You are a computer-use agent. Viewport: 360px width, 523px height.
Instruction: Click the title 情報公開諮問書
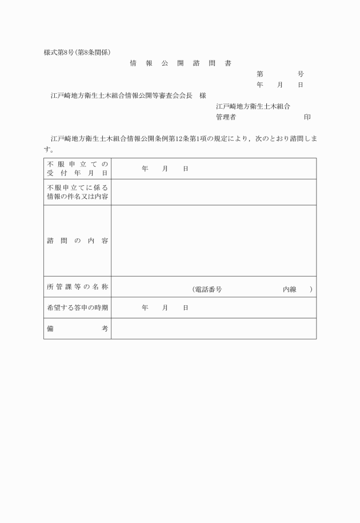tap(180, 63)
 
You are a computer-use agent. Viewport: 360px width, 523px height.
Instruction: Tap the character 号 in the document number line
tap(301, 74)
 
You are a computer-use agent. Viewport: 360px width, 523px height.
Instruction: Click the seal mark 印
tap(307, 117)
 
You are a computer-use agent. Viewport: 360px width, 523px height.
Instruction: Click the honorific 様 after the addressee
tap(203, 95)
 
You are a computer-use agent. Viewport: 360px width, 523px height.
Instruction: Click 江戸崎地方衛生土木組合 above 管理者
tap(253, 106)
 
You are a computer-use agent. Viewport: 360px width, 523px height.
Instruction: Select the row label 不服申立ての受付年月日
tap(77, 169)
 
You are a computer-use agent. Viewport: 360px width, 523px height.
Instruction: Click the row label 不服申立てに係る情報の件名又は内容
tap(77, 192)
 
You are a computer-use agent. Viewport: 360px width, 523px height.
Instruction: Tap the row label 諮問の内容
tap(77, 241)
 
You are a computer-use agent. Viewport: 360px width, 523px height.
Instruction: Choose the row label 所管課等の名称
tap(77, 286)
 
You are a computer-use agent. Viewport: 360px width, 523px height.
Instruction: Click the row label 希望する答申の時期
tap(77, 308)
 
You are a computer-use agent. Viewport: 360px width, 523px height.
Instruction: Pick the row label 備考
tap(77, 329)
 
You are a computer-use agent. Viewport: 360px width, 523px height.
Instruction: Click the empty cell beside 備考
tap(213, 329)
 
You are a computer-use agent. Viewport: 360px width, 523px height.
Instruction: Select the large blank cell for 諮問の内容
tap(213, 241)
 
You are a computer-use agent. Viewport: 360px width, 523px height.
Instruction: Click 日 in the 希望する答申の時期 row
tap(186, 308)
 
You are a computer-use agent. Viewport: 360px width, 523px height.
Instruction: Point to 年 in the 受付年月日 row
tap(145, 169)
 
